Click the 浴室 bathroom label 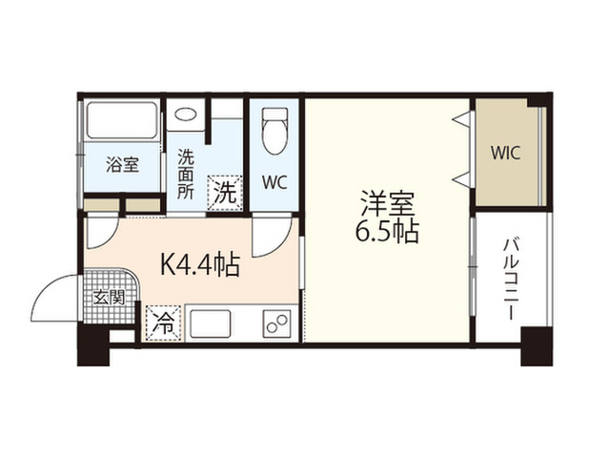122,165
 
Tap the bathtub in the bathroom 122,120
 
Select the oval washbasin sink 186,114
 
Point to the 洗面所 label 186,175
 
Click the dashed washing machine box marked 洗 225,193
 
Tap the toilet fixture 274,131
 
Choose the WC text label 274,182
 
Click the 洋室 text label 386,202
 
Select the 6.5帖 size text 386,232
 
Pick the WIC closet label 505,153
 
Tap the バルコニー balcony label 512,280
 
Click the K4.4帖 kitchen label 199,265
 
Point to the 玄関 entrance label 109,298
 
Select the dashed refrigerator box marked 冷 164,323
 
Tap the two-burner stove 277,323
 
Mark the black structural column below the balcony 537,346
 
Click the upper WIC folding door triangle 460,118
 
